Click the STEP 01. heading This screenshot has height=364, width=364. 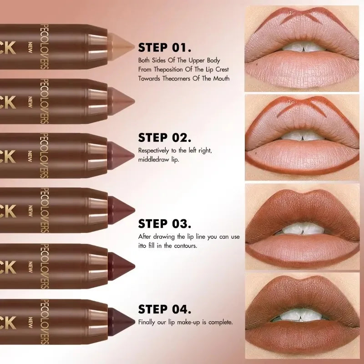(x=164, y=48)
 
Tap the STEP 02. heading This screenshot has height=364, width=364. (x=165, y=138)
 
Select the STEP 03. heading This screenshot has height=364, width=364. (x=165, y=224)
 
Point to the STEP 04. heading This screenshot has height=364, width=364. (x=165, y=310)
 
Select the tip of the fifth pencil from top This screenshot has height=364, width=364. (x=122, y=264)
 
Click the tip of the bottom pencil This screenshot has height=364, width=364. (x=122, y=320)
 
